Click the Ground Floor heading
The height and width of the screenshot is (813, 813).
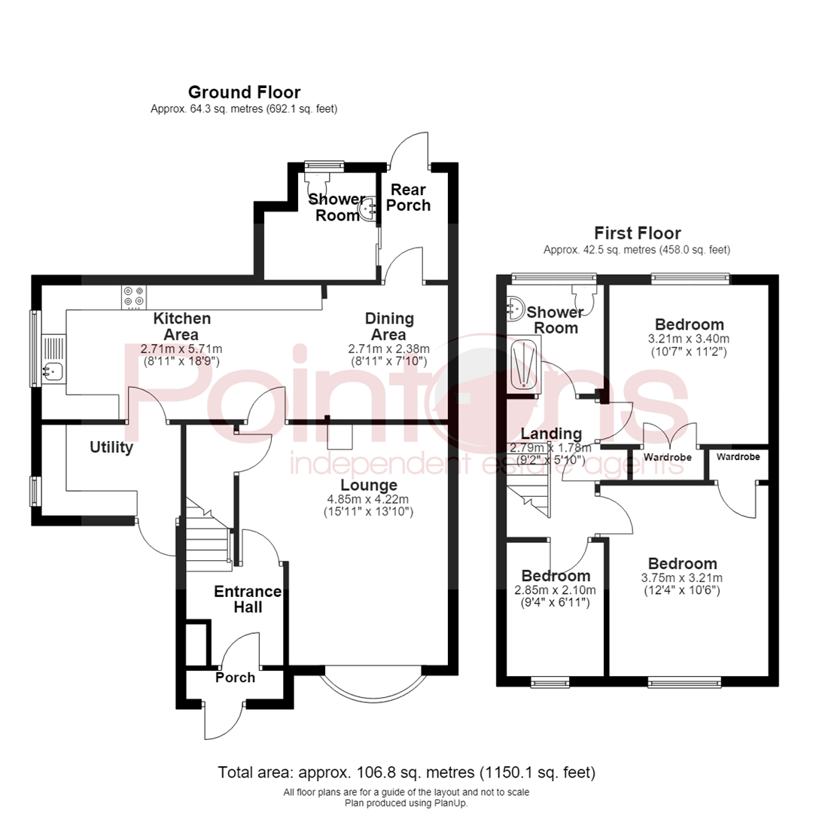pos(244,93)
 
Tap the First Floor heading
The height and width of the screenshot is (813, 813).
pos(638,233)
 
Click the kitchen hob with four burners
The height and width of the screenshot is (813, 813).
pos(134,297)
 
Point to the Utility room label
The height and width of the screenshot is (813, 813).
pos(111,447)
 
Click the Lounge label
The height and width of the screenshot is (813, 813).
pos(369,486)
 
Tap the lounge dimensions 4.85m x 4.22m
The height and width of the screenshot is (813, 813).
pos(368,499)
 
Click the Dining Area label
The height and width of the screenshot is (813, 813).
pos(389,326)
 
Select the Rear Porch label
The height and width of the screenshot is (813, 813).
pos(409,197)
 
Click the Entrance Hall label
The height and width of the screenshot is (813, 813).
pos(248,599)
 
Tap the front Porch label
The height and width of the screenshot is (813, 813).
pos(236,677)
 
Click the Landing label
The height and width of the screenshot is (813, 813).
pos(551,434)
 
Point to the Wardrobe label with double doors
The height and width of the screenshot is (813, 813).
pos(667,458)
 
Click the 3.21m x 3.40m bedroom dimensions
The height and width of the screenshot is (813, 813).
pos(689,339)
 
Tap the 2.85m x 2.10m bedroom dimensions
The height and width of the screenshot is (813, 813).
pos(556,590)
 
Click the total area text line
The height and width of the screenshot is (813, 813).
pos(406,772)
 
